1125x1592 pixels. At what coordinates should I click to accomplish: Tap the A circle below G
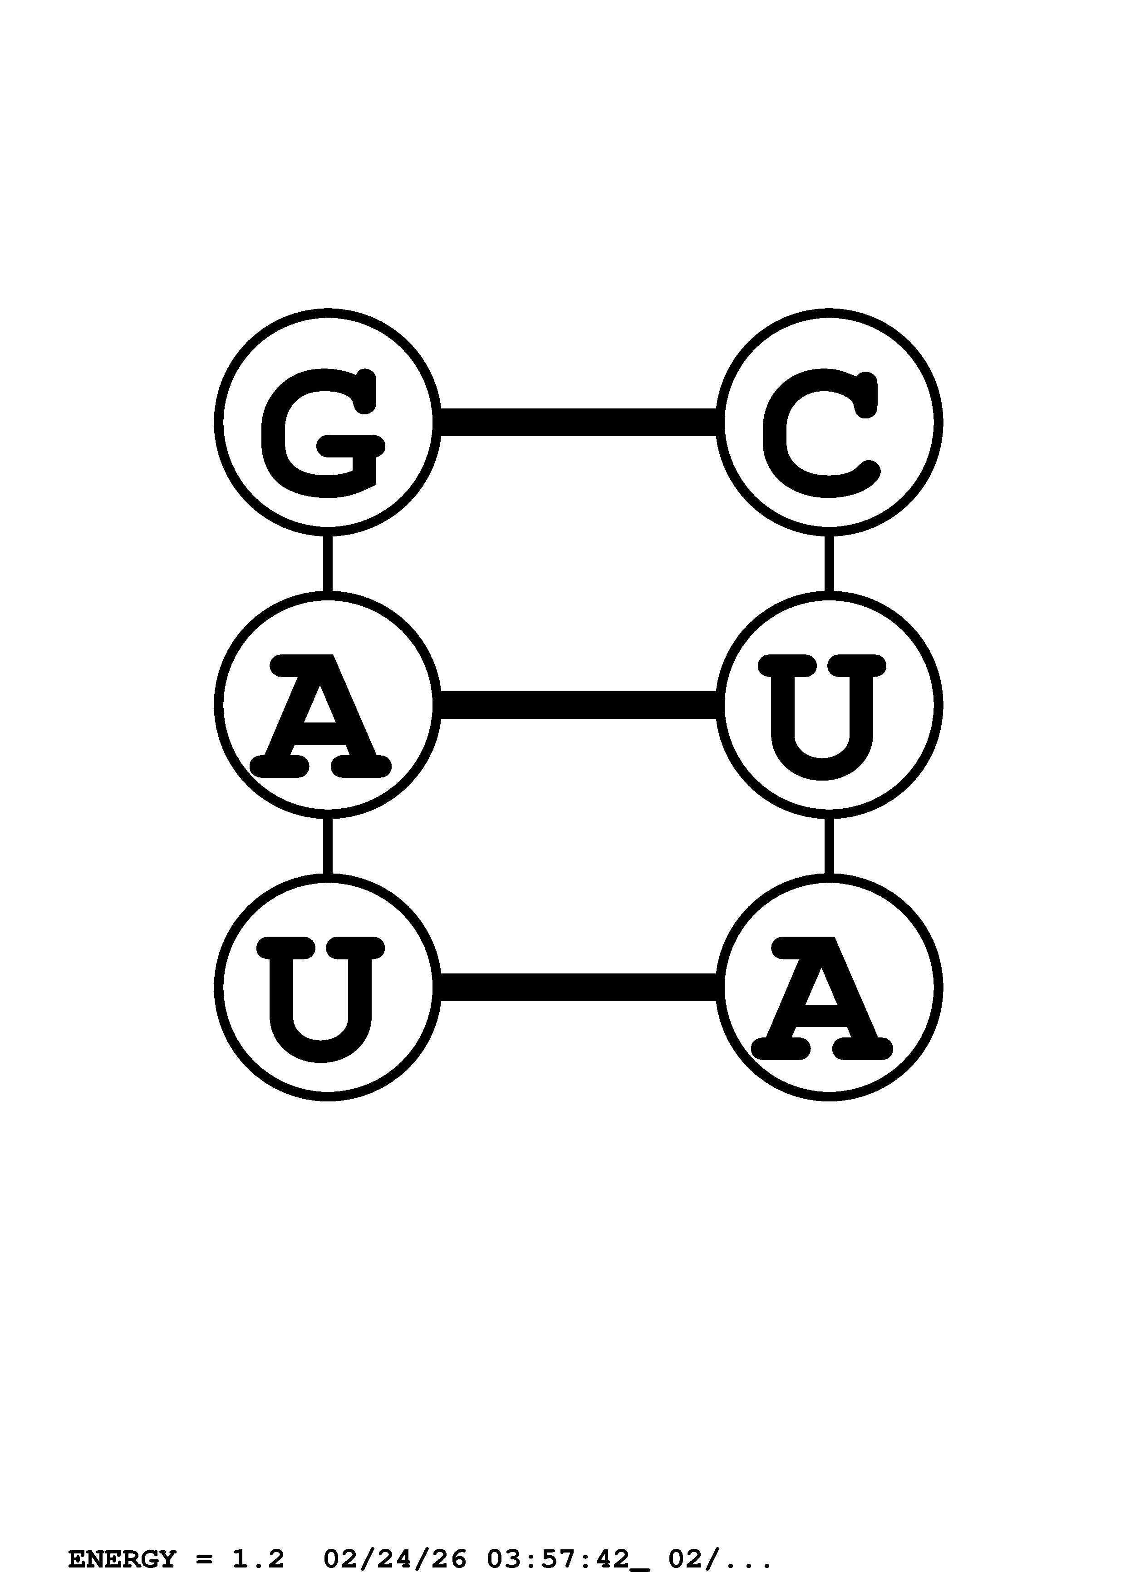coord(327,705)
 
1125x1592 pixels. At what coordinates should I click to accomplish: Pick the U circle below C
coord(829,705)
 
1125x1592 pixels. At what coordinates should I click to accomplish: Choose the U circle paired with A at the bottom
coord(327,988)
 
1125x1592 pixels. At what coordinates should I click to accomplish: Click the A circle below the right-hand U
coord(829,988)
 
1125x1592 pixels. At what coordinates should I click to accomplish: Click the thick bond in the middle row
coord(578,705)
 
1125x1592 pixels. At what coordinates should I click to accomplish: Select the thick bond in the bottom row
coord(578,988)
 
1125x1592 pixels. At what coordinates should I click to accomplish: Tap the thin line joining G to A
coord(327,563)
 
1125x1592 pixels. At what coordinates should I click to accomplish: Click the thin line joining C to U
coord(829,563)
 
